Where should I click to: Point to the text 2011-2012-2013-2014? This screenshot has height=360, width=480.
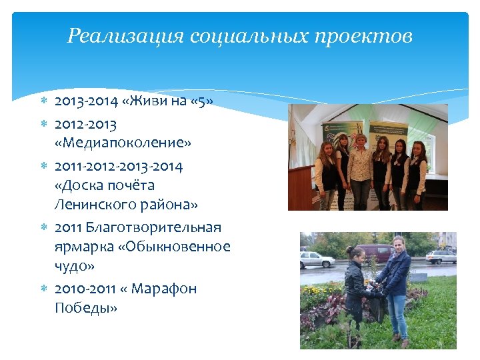tap(119, 165)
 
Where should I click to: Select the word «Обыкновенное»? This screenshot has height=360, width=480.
tap(174, 247)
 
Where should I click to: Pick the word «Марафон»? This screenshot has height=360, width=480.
tap(164, 289)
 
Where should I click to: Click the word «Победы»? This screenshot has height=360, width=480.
tap(85, 308)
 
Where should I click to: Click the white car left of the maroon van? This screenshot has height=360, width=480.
tap(317, 259)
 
